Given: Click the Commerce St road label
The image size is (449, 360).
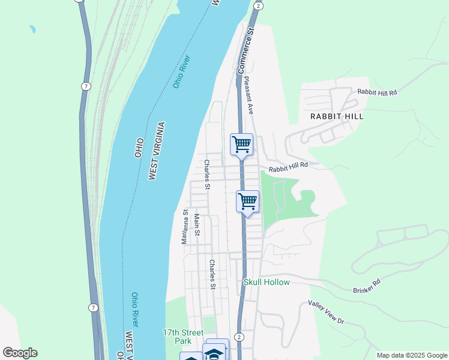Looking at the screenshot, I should point(246,52).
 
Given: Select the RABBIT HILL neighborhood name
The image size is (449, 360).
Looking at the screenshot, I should point(337,116).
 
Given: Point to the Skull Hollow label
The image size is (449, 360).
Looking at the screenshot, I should point(267,282).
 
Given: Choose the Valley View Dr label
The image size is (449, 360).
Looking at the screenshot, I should point(327,312).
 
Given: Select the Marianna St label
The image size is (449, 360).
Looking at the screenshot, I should point(185,226).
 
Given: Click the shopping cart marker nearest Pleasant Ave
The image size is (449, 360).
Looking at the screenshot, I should point(241,144).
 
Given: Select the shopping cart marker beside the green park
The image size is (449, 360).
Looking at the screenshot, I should point(247,202).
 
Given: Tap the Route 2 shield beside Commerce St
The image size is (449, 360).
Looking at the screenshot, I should point(258,5).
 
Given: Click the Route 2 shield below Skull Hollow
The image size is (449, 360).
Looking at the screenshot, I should point(239,337).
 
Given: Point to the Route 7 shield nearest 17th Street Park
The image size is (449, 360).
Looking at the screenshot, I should point(93,308).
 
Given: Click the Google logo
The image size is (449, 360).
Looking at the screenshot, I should point(20,353).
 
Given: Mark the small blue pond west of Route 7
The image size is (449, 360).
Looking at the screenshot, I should point(31,28).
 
